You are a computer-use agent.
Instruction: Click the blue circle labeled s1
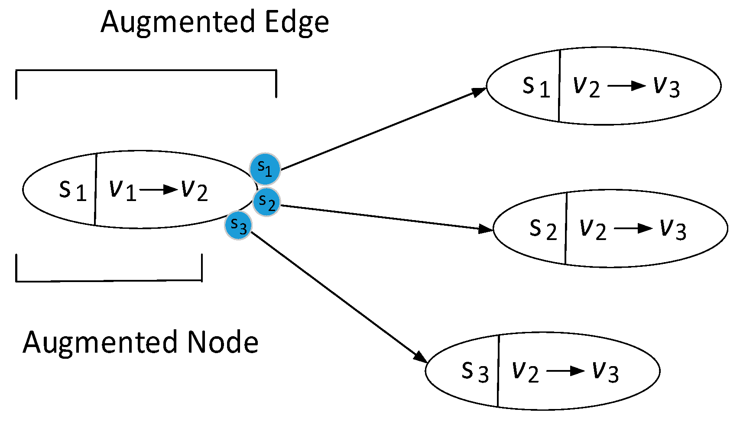(x=265, y=169)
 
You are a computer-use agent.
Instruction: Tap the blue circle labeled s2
(x=266, y=202)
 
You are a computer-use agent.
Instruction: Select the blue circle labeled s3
(x=238, y=225)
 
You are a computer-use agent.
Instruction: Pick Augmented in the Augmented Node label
(x=100, y=342)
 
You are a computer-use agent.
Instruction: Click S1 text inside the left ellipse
(x=72, y=191)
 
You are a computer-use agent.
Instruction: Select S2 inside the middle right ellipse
(x=543, y=229)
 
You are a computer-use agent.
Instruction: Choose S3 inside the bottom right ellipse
(x=475, y=372)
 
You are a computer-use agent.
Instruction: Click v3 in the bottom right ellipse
(x=605, y=372)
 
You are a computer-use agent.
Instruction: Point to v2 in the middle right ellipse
(x=593, y=229)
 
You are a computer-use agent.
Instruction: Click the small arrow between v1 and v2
(x=159, y=190)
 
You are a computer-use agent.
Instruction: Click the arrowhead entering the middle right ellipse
(x=486, y=229)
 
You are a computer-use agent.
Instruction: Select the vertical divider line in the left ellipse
(x=95, y=190)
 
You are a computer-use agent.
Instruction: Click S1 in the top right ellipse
(x=536, y=87)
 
